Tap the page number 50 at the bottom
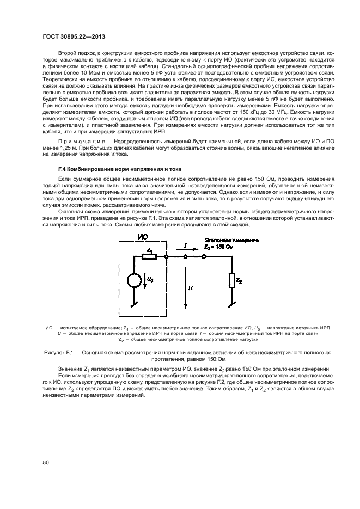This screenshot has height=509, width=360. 46,462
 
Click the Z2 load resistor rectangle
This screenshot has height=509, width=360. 232,280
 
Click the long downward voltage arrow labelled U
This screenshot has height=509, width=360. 185,289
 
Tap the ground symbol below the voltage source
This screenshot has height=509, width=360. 133,305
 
